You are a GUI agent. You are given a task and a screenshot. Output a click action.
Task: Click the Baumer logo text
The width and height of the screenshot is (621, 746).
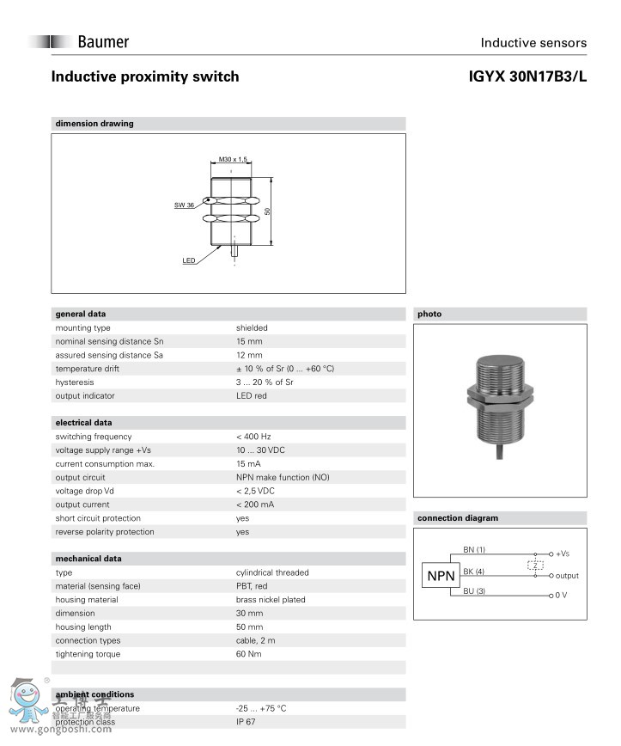click(102, 41)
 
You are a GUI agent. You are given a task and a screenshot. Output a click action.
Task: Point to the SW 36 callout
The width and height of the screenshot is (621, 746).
click(184, 205)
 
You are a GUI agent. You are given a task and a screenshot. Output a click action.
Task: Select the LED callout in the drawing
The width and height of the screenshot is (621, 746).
click(189, 260)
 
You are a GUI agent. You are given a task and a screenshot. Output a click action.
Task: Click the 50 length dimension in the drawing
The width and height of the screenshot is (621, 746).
click(267, 211)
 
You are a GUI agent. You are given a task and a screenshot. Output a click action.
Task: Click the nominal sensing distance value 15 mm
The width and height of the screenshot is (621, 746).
click(249, 341)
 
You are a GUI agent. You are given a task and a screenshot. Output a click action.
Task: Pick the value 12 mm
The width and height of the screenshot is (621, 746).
click(249, 355)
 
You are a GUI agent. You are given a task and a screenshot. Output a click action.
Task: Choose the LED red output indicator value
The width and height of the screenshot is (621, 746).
click(252, 396)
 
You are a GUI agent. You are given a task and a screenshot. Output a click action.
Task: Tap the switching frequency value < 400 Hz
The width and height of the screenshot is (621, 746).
click(253, 437)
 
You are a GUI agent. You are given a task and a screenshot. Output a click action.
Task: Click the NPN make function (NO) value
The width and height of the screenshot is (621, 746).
click(283, 477)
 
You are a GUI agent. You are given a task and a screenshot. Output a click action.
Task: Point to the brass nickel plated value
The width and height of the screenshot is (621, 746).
click(271, 600)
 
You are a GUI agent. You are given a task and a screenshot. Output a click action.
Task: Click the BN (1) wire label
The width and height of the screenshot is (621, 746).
click(474, 549)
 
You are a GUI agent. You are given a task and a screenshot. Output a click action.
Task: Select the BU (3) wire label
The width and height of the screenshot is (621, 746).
click(474, 590)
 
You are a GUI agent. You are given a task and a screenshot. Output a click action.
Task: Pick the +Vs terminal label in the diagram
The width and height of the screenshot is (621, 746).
click(563, 554)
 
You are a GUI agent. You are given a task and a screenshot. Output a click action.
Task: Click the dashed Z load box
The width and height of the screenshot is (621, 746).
click(537, 566)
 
